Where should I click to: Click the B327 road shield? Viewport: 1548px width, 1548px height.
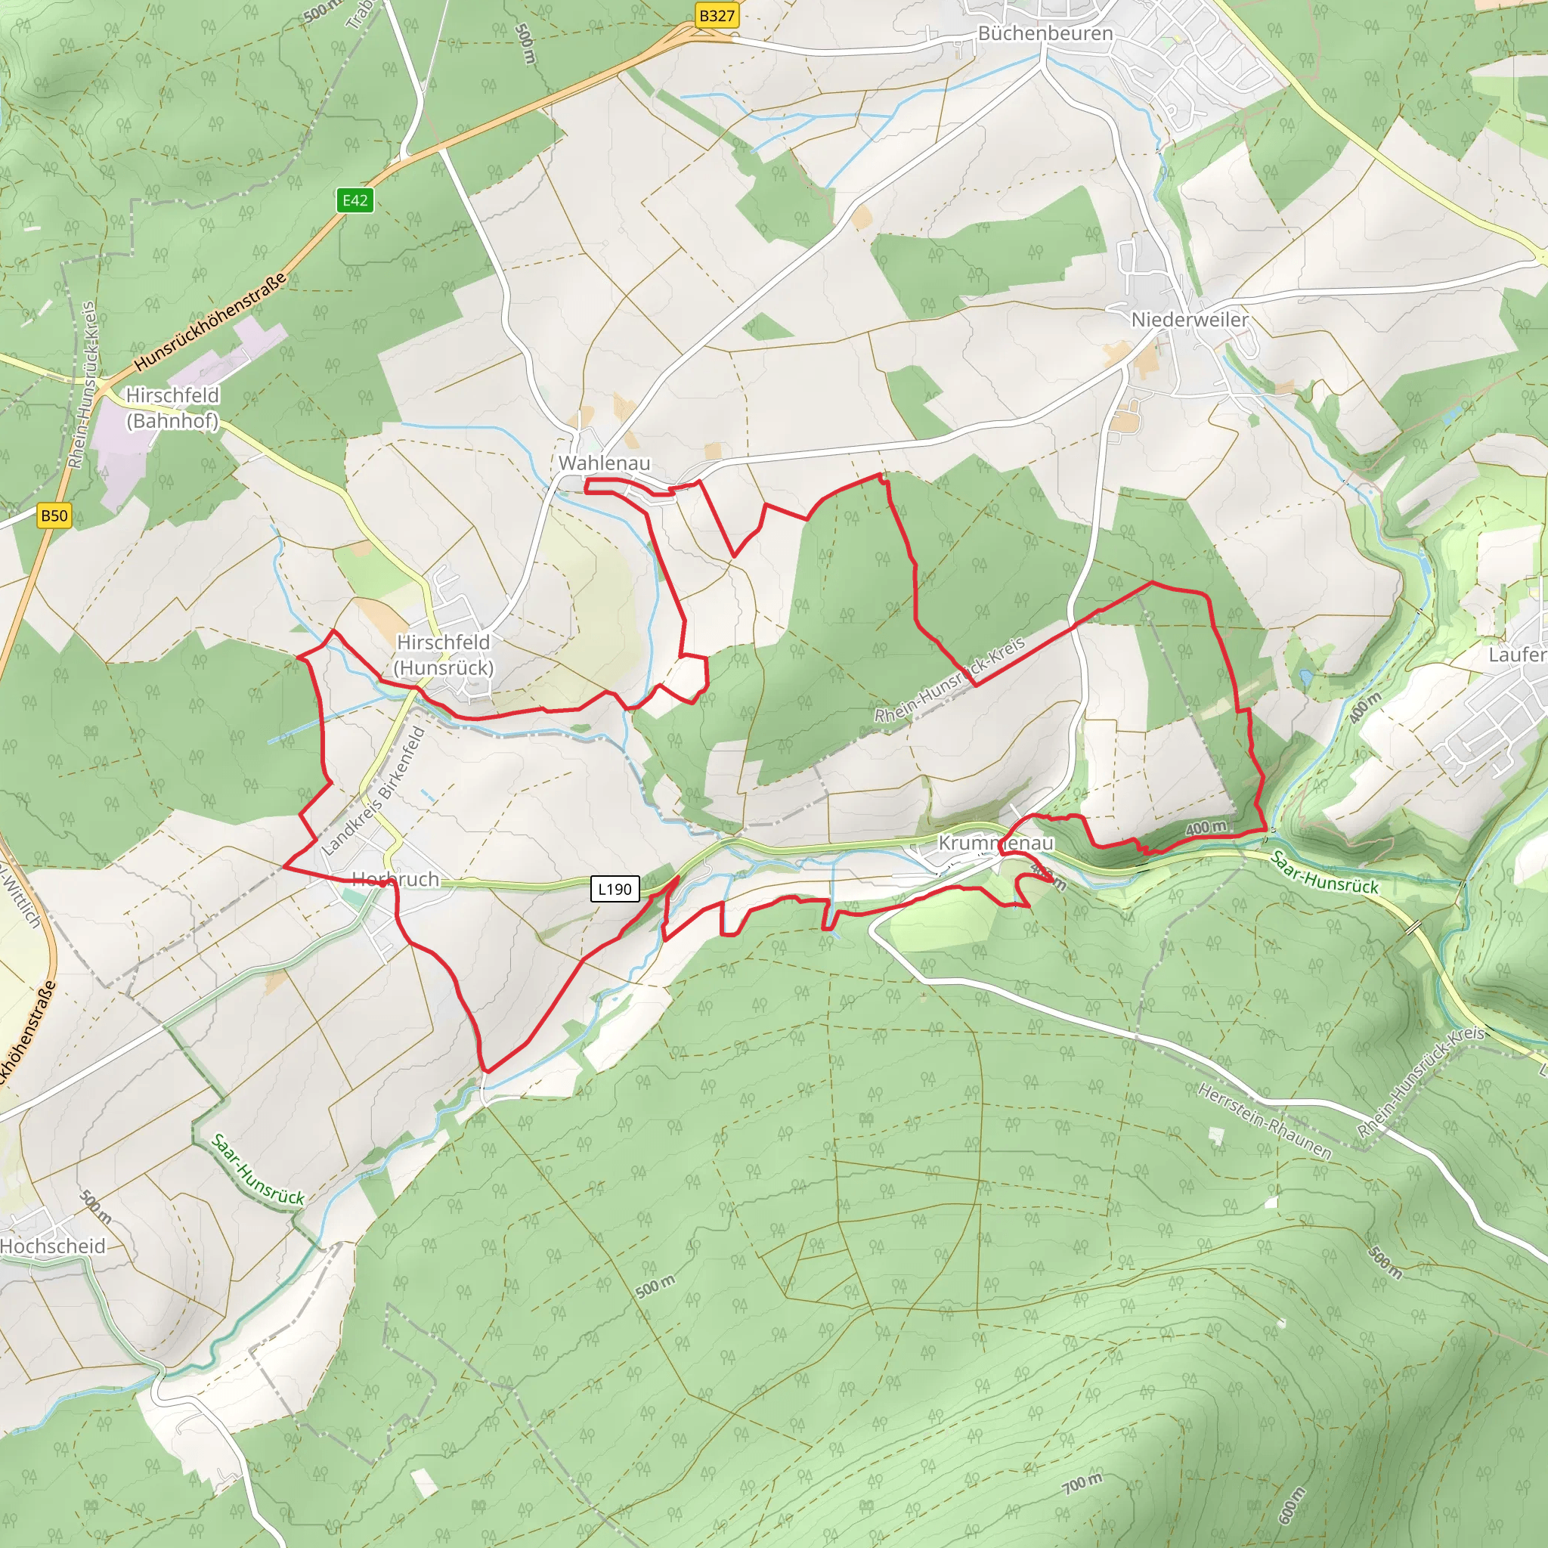click(717, 16)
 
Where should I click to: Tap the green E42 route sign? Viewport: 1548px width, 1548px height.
click(355, 200)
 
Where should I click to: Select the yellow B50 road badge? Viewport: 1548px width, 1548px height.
click(54, 515)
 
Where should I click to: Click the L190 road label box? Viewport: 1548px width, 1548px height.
click(615, 889)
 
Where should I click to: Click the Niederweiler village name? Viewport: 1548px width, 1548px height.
click(1189, 320)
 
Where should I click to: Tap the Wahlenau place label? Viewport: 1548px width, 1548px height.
click(604, 463)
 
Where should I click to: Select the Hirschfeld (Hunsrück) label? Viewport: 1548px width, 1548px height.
click(444, 655)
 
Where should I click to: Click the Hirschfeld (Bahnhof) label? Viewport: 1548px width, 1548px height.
click(172, 408)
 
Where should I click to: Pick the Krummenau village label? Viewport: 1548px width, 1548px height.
click(995, 843)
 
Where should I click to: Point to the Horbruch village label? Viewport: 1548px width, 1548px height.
click(395, 879)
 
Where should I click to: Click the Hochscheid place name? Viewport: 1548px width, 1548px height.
click(53, 1246)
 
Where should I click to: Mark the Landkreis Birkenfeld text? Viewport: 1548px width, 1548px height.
click(373, 791)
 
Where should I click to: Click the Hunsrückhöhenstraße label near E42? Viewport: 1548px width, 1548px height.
click(209, 323)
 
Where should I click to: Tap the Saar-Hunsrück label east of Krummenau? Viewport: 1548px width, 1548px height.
click(1324, 872)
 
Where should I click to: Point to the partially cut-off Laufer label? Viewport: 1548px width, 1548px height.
click(1517, 655)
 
